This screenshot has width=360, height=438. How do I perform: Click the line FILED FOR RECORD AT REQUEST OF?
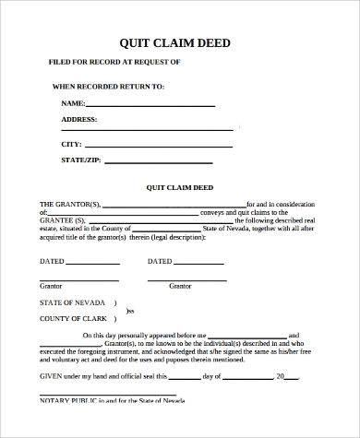click(114, 62)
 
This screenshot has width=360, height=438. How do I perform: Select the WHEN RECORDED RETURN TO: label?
click(108, 87)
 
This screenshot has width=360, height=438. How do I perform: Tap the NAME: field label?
click(73, 104)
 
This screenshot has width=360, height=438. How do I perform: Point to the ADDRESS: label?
click(79, 120)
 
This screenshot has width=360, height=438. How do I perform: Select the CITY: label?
click(71, 145)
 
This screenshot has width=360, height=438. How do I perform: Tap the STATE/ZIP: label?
click(81, 161)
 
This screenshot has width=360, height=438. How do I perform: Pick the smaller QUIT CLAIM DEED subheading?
click(179, 188)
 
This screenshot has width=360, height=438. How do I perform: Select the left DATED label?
click(52, 261)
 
